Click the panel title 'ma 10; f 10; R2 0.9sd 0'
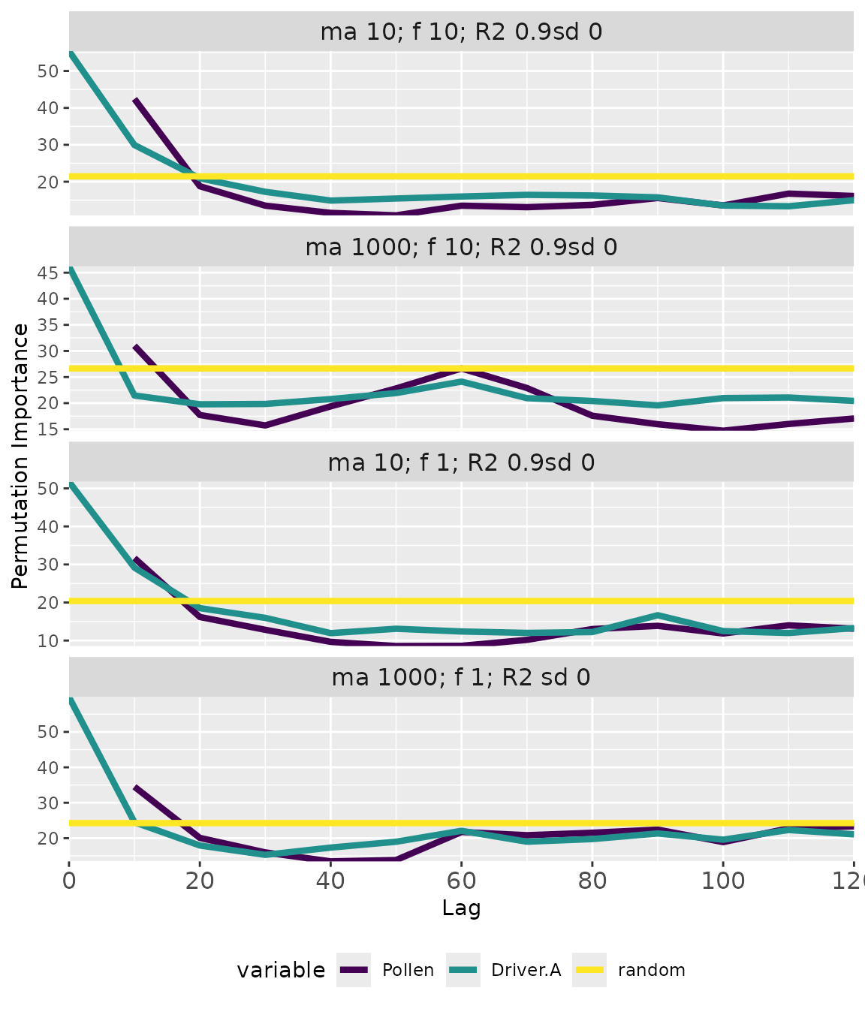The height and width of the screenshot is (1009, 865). click(461, 32)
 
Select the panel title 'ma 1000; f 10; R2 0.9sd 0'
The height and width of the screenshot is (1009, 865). click(461, 247)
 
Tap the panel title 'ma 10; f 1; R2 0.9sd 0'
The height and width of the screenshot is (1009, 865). click(461, 462)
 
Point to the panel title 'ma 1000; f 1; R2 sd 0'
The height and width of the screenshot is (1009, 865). click(461, 678)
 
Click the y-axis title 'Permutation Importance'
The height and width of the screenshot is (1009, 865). click(20, 456)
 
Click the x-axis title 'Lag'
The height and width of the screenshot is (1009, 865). click(461, 908)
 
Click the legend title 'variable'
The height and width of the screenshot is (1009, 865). click(281, 970)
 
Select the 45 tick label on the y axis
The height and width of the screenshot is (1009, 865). click(47, 273)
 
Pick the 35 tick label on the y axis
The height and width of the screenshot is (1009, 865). click(47, 325)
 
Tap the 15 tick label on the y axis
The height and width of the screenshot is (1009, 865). click(47, 429)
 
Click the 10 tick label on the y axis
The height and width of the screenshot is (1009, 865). click(47, 640)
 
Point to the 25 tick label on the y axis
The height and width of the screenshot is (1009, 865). click(47, 377)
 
